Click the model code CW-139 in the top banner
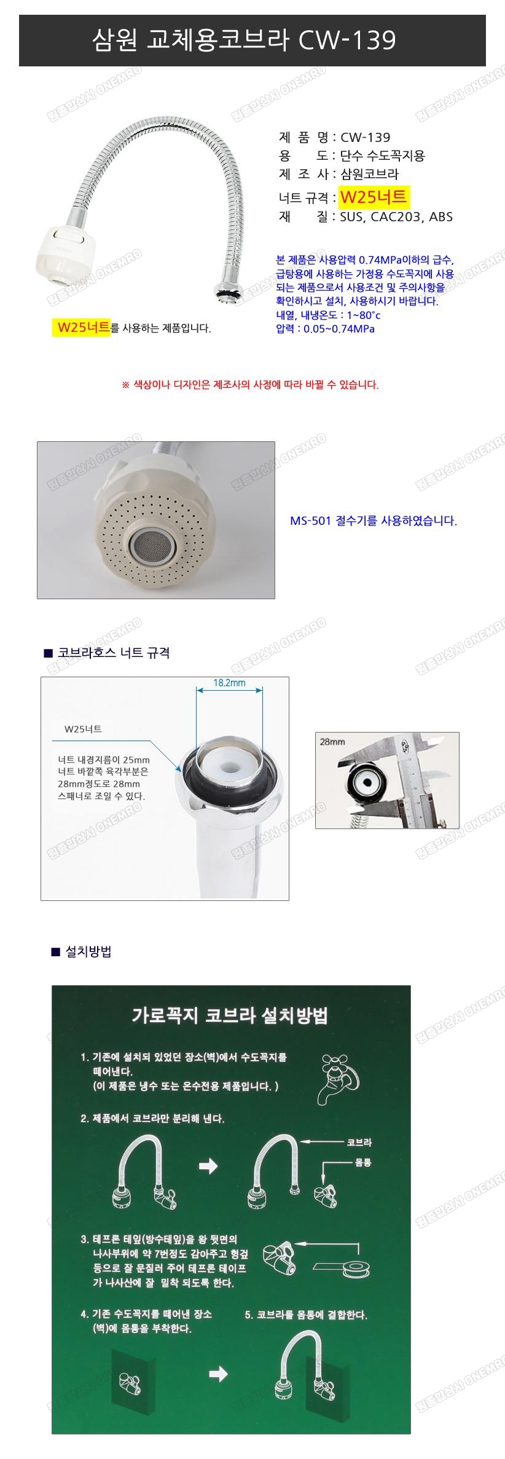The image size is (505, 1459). [347, 41]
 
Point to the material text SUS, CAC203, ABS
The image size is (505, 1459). [396, 217]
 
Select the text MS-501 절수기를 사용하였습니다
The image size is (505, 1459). [374, 521]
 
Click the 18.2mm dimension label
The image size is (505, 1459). [229, 683]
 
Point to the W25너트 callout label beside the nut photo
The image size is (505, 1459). [83, 729]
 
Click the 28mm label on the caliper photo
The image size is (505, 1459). [332, 742]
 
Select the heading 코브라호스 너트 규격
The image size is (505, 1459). [114, 653]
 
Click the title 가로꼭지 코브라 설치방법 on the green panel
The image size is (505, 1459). [230, 1016]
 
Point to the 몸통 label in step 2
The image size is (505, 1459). [362, 1163]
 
